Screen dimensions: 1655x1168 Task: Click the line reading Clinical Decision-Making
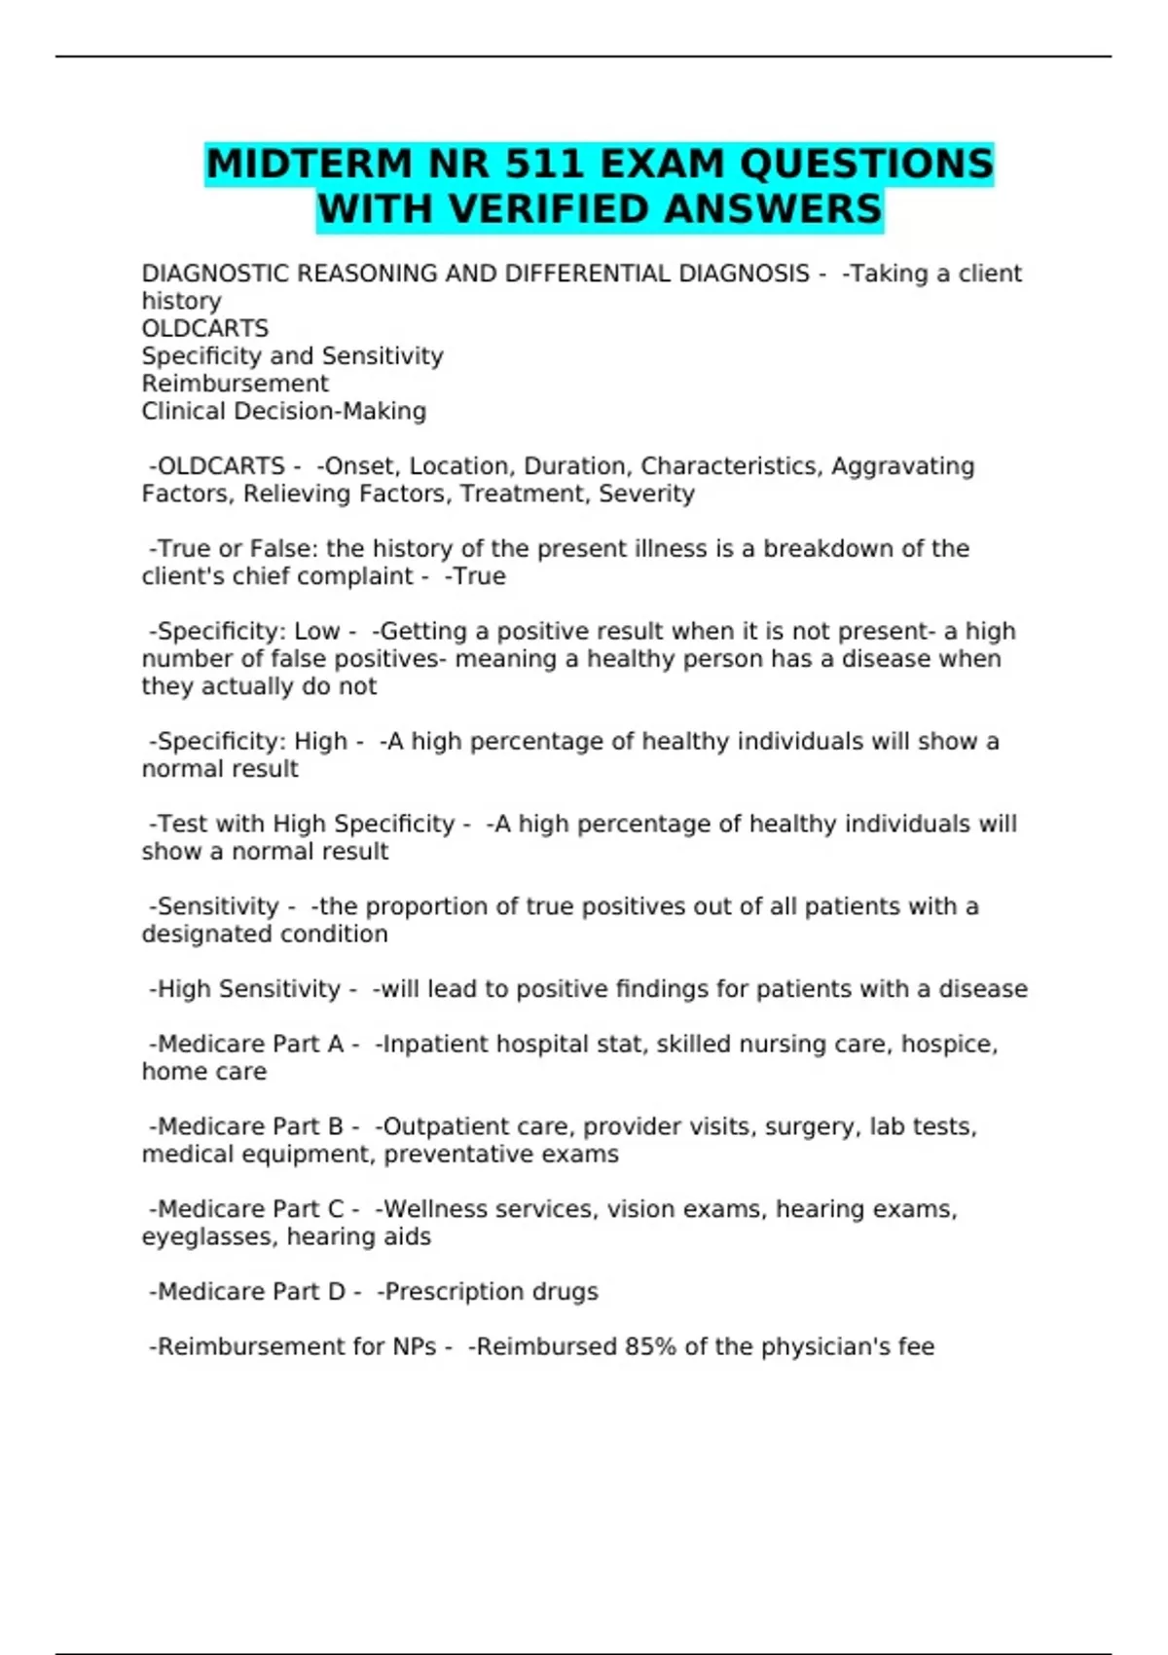(283, 411)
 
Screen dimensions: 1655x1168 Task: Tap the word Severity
(646, 494)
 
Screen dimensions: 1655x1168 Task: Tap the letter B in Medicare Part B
(335, 1126)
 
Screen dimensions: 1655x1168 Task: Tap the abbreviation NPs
(414, 1347)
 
